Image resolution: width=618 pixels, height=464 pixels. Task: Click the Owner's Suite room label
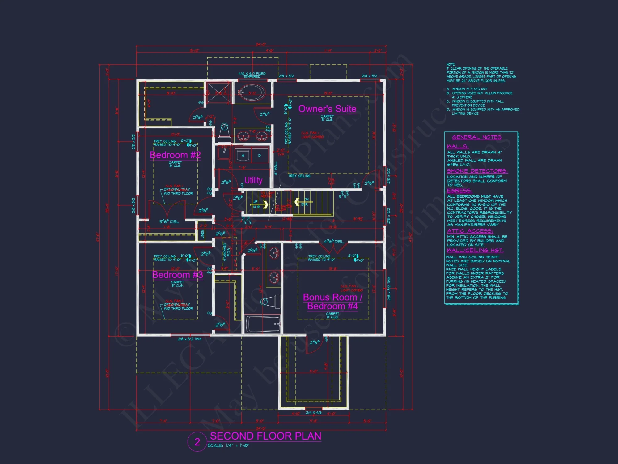[x=327, y=109]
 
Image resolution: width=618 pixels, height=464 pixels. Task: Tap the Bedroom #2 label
[x=175, y=155]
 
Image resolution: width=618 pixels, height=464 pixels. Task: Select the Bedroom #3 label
[x=177, y=275]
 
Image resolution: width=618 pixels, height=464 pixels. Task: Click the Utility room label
[x=253, y=180]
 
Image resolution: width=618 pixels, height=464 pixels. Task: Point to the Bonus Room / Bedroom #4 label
[x=332, y=302]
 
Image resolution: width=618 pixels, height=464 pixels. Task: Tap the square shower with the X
[x=219, y=92]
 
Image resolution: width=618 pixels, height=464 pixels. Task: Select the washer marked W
[x=243, y=155]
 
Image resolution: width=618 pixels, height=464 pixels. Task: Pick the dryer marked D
[x=259, y=155]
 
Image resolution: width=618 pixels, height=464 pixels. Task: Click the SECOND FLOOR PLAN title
[x=265, y=436]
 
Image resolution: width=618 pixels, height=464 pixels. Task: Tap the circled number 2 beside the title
[x=197, y=442]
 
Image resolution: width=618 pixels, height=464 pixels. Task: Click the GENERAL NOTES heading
[x=476, y=137]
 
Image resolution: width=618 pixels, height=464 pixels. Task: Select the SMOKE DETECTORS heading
[x=477, y=171]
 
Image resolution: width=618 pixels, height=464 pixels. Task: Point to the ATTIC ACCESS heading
[x=470, y=231]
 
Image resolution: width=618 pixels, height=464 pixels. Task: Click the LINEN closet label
[x=203, y=234]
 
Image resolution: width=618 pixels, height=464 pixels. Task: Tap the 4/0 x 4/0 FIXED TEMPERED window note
[x=252, y=75]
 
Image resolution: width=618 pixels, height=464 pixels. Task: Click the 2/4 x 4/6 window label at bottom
[x=313, y=413]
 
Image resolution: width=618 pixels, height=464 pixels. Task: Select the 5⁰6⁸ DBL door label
[x=169, y=221]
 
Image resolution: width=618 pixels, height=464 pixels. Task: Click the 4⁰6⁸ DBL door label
[x=333, y=242]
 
